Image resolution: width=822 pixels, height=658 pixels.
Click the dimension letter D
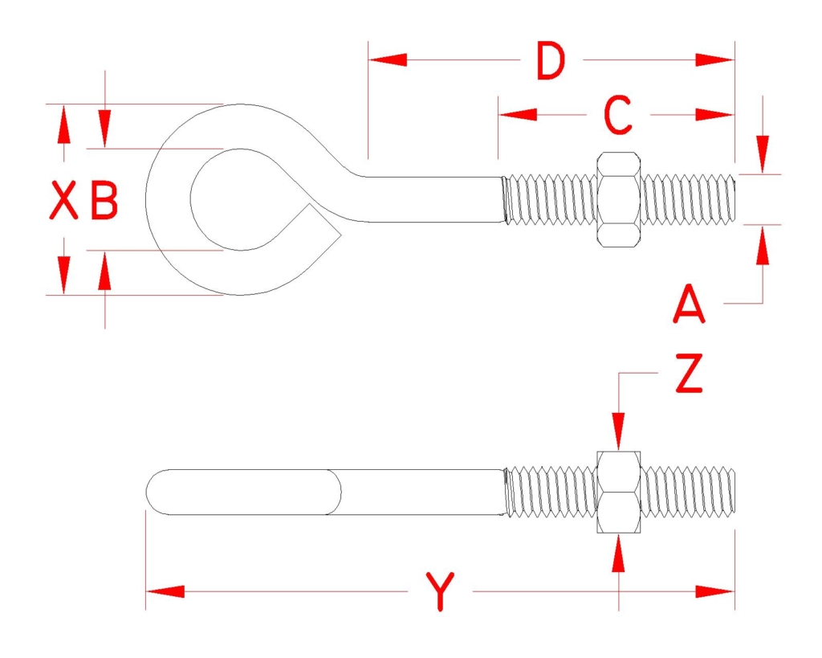pos(551,61)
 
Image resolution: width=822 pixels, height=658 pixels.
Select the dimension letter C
pos(618,115)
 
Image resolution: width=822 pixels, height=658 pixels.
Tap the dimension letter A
pos(689,304)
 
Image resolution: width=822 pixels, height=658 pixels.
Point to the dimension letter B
pos(104,200)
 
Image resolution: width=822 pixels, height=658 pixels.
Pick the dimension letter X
pos(63,200)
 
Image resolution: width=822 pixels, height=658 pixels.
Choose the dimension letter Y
pos(441,592)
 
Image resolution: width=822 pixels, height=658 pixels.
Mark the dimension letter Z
pos(689,374)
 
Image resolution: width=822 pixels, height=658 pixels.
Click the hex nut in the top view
pos(619,200)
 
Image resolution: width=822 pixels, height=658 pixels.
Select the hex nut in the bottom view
pos(619,492)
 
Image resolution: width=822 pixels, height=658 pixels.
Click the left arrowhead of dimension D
pos(388,59)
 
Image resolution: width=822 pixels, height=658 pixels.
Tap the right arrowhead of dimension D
pos(715,59)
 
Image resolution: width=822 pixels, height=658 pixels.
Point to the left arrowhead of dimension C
pos(518,114)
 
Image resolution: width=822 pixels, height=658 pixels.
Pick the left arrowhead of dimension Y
pos(165,592)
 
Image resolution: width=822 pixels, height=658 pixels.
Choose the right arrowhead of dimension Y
pos(715,592)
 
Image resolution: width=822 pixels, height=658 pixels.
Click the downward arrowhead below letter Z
pos(619,432)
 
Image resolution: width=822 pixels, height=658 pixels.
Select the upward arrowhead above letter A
pos(763,244)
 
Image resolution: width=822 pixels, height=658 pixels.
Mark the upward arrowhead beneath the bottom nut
pos(619,553)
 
